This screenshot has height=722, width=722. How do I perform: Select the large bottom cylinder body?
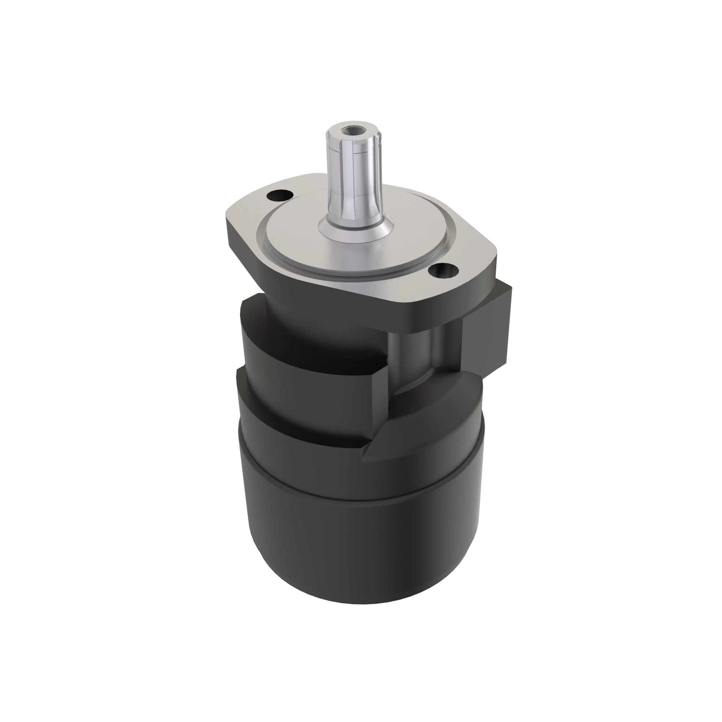click(359, 553)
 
